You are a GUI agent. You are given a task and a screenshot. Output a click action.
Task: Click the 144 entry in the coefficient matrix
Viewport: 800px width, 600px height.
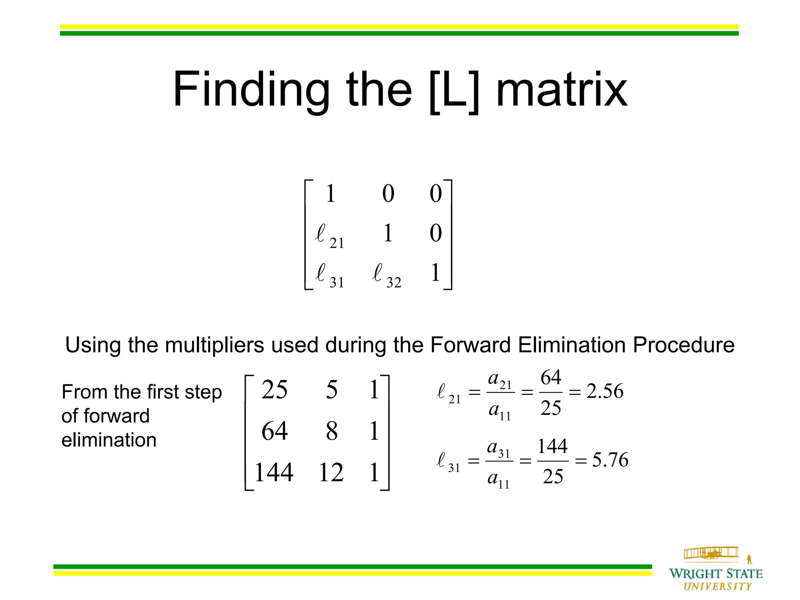[274, 472]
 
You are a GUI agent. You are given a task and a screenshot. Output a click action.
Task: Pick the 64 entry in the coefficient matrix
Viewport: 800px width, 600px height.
[275, 431]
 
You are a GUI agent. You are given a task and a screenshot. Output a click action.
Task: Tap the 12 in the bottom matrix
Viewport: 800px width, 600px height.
[331, 472]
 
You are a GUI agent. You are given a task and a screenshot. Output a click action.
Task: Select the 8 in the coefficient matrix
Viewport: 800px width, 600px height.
[332, 431]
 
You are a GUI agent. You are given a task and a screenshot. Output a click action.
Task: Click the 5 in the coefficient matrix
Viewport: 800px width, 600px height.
[332, 390]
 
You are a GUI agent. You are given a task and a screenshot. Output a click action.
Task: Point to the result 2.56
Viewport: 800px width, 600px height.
[605, 391]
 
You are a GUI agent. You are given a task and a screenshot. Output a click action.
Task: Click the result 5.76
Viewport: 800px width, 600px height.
[610, 460]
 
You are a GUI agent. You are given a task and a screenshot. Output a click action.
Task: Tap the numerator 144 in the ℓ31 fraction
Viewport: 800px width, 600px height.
[552, 446]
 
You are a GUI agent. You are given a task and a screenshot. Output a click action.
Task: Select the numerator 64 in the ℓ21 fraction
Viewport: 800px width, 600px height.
[551, 377]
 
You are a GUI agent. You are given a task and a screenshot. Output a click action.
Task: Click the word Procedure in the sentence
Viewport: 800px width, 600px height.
[684, 345]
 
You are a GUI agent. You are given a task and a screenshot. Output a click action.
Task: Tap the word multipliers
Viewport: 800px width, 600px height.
[214, 345]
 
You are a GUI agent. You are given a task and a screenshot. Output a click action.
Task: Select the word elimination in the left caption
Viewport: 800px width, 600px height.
[109, 440]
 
